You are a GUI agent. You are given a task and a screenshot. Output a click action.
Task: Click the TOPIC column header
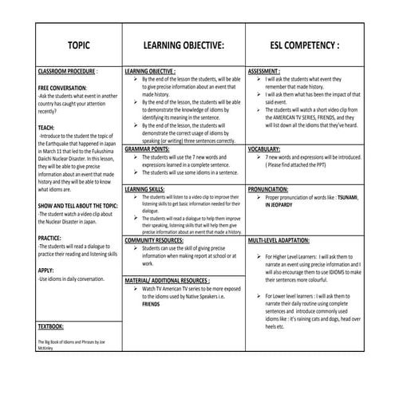[78, 45]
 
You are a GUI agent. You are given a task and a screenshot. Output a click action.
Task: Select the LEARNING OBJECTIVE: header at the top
[184, 45]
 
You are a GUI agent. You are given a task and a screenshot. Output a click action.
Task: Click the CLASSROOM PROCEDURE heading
[68, 71]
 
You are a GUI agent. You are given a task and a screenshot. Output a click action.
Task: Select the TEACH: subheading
[46, 127]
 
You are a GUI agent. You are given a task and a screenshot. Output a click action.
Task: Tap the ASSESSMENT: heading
[268, 71]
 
